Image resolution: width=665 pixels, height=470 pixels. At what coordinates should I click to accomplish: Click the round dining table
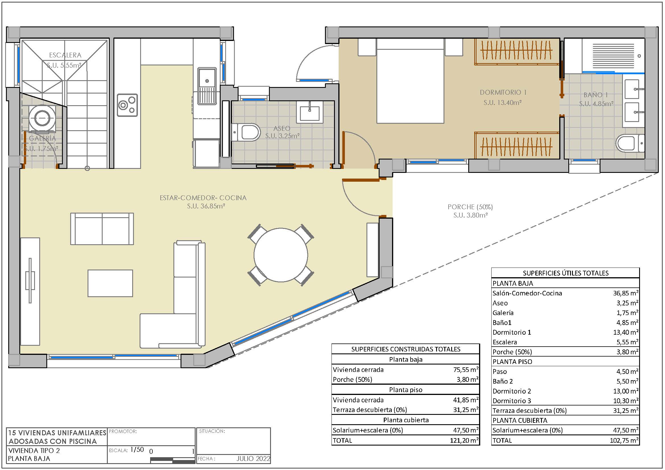(281, 255)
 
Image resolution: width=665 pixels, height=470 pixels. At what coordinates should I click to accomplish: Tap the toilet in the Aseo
(246, 132)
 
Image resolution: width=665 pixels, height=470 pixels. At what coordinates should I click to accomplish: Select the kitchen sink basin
(207, 86)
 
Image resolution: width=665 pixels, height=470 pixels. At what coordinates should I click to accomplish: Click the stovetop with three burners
(127, 105)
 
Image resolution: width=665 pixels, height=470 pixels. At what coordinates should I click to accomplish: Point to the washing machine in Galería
(42, 119)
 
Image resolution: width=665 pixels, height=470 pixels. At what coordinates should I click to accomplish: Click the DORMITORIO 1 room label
(503, 92)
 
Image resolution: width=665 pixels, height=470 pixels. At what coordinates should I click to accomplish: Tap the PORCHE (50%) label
(470, 207)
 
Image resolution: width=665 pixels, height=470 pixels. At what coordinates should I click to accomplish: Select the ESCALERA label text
(65, 55)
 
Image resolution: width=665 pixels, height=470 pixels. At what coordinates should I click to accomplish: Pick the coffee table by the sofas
(110, 283)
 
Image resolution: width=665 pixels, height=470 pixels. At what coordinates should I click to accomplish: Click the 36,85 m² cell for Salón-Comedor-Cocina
(625, 293)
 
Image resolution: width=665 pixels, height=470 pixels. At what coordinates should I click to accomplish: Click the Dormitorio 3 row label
(512, 401)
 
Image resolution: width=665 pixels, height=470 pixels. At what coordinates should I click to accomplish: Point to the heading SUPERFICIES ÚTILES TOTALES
(566, 273)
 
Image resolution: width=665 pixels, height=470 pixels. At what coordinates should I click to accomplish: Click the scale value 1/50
(137, 450)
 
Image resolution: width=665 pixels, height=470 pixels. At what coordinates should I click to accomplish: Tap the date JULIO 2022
(253, 459)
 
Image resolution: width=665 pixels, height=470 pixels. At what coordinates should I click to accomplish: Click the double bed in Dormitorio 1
(410, 81)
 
